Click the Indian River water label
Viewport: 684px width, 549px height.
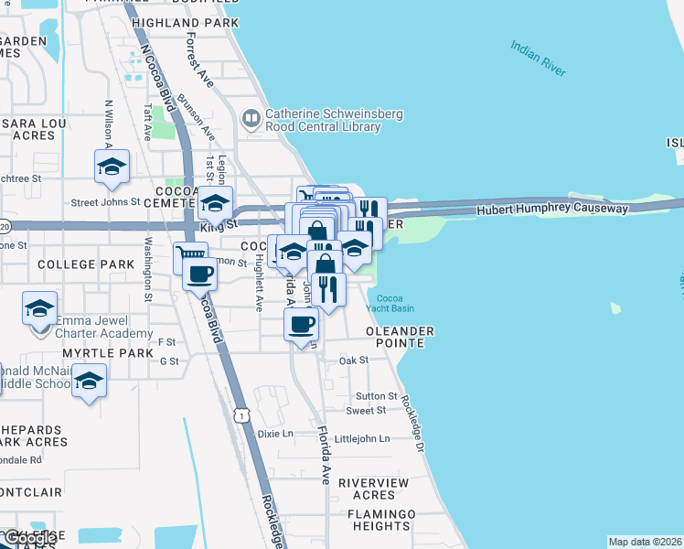pyautogui.click(x=539, y=58)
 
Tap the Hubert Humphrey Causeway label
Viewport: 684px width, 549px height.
pyautogui.click(x=552, y=210)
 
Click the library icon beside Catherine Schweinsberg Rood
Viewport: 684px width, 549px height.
pyautogui.click(x=251, y=118)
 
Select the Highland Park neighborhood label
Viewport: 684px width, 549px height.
pyautogui.click(x=185, y=22)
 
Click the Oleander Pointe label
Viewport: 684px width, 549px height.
pyautogui.click(x=398, y=336)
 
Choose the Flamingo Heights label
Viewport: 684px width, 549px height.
pyautogui.click(x=380, y=520)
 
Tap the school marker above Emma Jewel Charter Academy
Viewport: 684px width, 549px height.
pyautogui.click(x=39, y=308)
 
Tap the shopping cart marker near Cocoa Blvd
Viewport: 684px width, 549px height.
pyautogui.click(x=189, y=257)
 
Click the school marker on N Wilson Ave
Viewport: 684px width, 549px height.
pyautogui.click(x=112, y=166)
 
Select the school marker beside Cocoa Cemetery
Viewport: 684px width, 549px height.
pyautogui.click(x=215, y=203)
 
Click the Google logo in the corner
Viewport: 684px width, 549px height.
pyautogui.click(x=27, y=540)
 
